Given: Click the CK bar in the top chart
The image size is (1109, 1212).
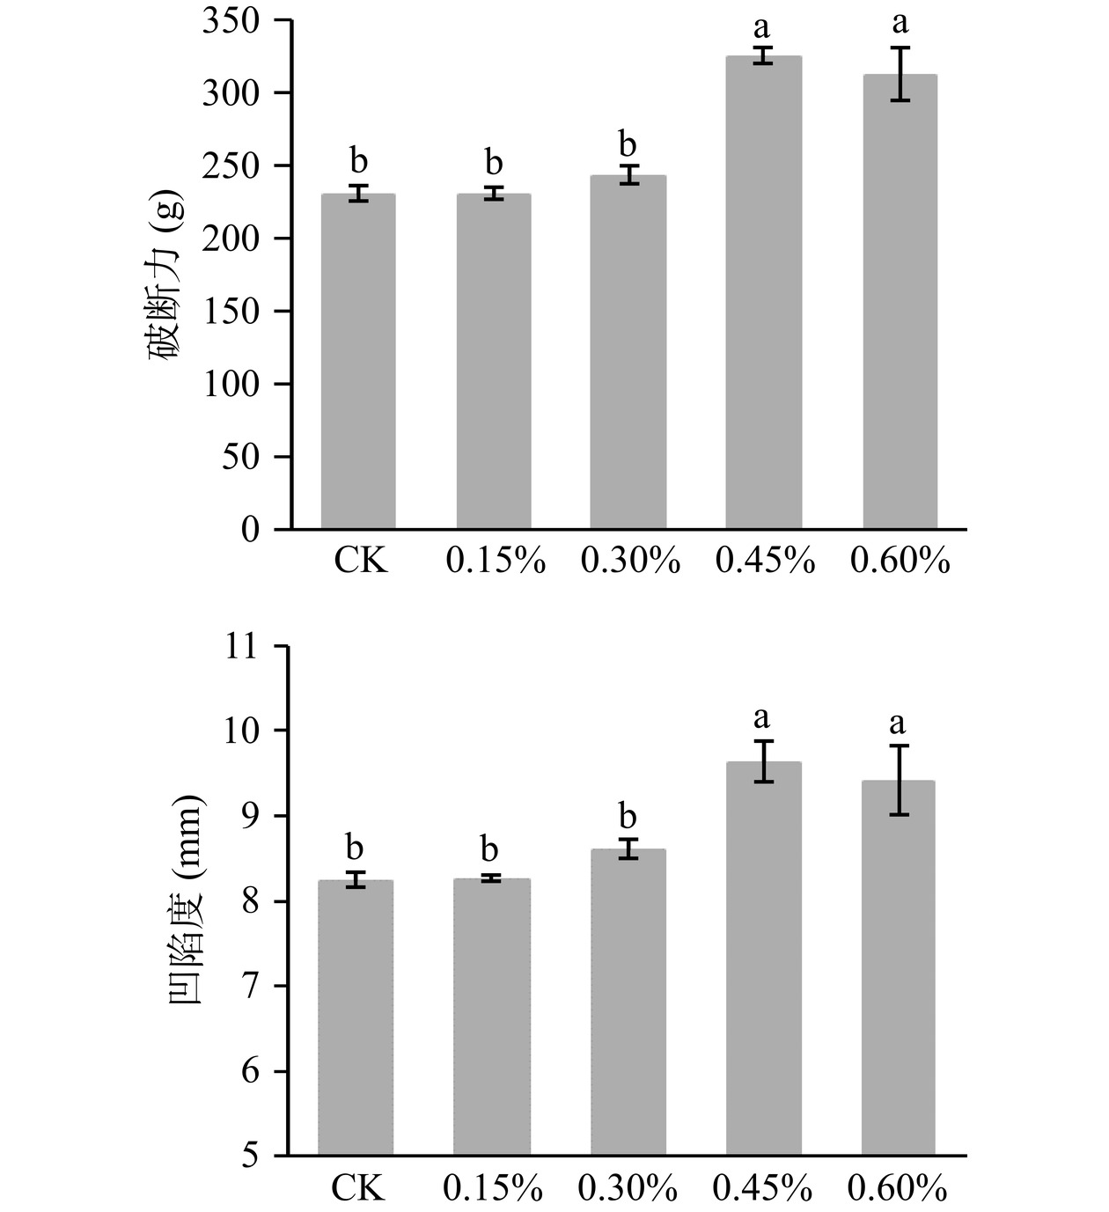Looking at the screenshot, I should (x=358, y=362).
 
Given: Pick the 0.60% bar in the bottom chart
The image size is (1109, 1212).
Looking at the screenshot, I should (x=898, y=968).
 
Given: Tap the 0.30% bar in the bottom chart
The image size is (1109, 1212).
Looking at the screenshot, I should (x=628, y=1003).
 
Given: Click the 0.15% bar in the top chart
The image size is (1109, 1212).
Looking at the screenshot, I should (x=494, y=362).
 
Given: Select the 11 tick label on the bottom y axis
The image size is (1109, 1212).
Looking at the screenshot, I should (x=244, y=647).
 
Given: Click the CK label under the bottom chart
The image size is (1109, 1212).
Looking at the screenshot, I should (x=358, y=1189).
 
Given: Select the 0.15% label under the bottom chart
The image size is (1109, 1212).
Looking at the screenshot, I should (x=493, y=1189).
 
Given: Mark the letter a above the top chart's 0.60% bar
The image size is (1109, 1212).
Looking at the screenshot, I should (x=900, y=24).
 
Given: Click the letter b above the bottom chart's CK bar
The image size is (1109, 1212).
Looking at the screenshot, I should (x=355, y=848).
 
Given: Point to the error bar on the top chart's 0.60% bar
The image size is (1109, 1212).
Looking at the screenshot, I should (x=900, y=74).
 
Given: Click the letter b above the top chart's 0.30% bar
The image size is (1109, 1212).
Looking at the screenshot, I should (x=628, y=144).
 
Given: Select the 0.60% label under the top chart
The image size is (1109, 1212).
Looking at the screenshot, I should (x=900, y=561).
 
